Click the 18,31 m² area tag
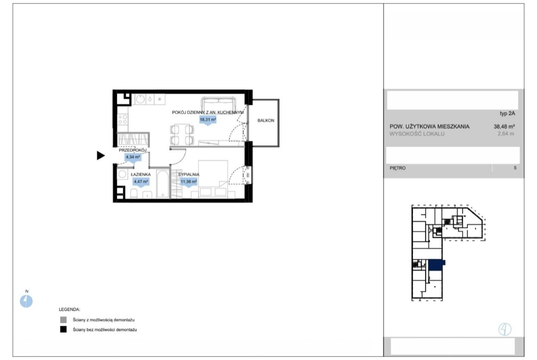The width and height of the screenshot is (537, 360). pyautogui.click(x=208, y=120)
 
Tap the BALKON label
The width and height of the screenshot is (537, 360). pyautogui.click(x=266, y=121)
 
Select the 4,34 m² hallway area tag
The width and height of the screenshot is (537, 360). pyautogui.click(x=133, y=157)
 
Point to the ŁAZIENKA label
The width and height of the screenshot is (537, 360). pyautogui.click(x=141, y=175)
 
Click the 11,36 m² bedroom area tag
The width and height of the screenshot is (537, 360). pyautogui.click(x=189, y=182)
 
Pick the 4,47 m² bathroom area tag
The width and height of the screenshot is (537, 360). pyautogui.click(x=141, y=182)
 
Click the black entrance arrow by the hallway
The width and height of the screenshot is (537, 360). pyautogui.click(x=101, y=155)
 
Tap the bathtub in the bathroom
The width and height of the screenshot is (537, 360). pyautogui.click(x=162, y=184)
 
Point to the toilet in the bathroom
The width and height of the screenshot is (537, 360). pyautogui.click(x=134, y=194)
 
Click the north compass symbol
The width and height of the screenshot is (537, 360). pyautogui.click(x=26, y=301)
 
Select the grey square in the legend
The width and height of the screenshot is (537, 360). pyautogui.click(x=63, y=320)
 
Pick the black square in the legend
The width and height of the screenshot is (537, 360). pyautogui.click(x=63, y=330)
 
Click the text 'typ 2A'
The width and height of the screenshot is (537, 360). pyautogui.click(x=507, y=114)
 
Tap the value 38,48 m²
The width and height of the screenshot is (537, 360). pyautogui.click(x=504, y=126)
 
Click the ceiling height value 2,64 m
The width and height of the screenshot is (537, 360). pyautogui.click(x=506, y=134)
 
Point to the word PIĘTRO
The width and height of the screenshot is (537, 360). pyautogui.click(x=397, y=168)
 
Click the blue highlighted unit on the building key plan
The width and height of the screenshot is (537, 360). pyautogui.click(x=436, y=265)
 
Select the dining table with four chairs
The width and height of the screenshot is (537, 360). pyautogui.click(x=182, y=135)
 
